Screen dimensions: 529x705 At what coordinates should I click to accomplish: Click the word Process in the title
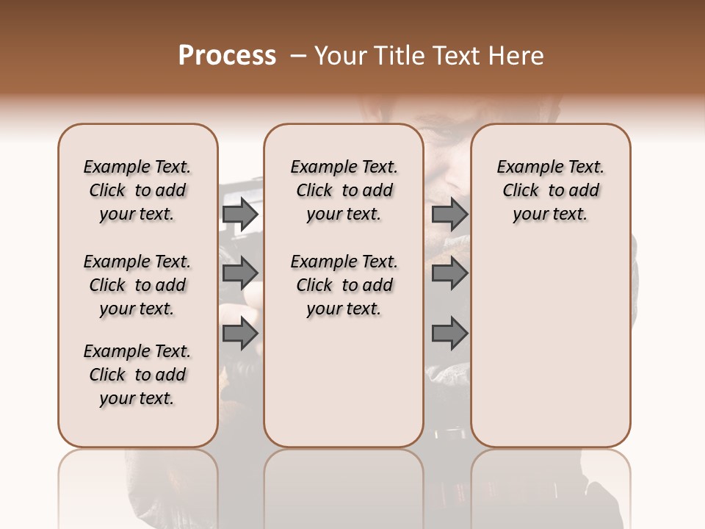[x=227, y=55]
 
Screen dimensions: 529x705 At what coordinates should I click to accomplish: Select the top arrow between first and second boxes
[x=240, y=214]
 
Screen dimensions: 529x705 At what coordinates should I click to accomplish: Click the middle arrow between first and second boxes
[x=240, y=273]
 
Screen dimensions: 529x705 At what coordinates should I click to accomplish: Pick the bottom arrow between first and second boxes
[x=240, y=334]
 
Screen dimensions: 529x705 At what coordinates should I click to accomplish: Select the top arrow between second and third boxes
[x=449, y=214]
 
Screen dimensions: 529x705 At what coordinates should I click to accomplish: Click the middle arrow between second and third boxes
[x=449, y=273]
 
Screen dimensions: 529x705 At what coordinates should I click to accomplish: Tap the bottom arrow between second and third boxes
[x=449, y=334]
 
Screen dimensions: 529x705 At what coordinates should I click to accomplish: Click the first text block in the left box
[x=137, y=190]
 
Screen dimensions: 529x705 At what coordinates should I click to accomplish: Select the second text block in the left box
[x=137, y=285]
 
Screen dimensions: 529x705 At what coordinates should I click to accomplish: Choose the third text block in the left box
[x=137, y=375]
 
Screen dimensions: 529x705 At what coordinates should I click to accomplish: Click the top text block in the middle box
[x=344, y=190]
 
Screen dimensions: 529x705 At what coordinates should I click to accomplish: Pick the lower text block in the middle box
[x=344, y=285]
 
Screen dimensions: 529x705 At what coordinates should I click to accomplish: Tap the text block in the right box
[x=551, y=190]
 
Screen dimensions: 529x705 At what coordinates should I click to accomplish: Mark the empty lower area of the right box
[x=551, y=345]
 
